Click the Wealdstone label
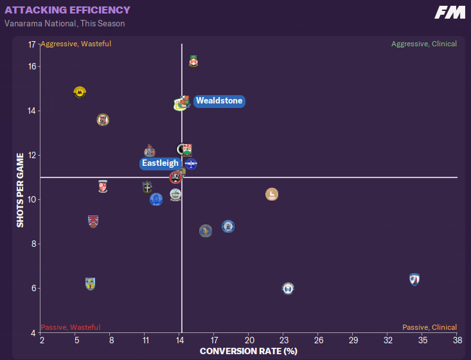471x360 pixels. (219, 101)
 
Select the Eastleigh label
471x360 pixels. (160, 163)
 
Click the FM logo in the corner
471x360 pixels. (450, 12)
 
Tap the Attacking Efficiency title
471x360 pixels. (67, 10)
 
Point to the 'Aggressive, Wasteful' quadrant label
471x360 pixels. (76, 44)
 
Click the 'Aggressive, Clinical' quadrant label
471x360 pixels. (424, 44)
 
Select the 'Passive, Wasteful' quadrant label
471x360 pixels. (70, 327)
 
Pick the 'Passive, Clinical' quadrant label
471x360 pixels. (429, 327)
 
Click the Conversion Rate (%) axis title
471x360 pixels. (249, 351)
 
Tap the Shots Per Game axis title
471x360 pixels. (21, 190)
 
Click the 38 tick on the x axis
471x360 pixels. (457, 339)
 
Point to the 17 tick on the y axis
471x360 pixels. (31, 44)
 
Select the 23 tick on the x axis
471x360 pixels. (284, 339)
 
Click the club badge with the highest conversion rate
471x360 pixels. (414, 280)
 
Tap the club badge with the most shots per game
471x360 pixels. (193, 61)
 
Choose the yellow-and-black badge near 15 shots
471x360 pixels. (80, 92)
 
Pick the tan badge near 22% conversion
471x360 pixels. (272, 194)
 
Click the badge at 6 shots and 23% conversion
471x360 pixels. (288, 289)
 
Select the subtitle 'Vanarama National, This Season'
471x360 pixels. (65, 24)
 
